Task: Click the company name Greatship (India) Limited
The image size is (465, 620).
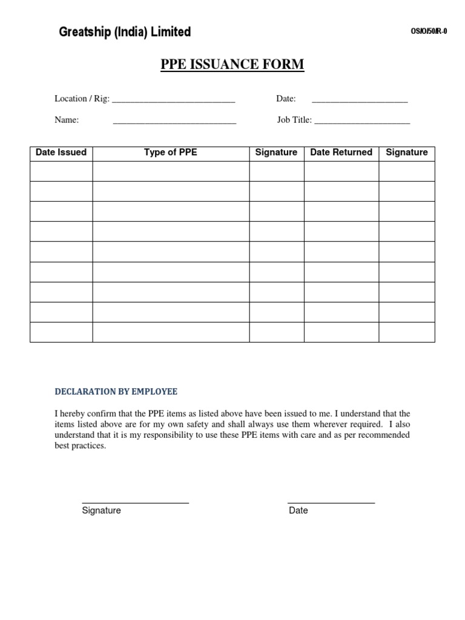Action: (x=125, y=32)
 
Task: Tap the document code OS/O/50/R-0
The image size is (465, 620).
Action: (x=428, y=32)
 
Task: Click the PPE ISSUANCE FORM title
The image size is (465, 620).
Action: (x=232, y=64)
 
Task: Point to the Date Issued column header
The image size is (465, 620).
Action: (x=61, y=153)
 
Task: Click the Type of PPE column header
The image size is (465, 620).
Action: (x=171, y=153)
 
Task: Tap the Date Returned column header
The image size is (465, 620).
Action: (x=341, y=153)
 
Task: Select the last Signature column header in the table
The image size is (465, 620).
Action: (x=407, y=153)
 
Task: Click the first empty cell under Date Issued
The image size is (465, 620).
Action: (x=61, y=171)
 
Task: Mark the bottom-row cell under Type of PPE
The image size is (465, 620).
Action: (x=171, y=332)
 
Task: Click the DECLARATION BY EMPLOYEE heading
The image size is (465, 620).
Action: (x=116, y=392)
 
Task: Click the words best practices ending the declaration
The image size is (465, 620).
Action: (x=80, y=446)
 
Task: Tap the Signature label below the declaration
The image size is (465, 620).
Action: (x=102, y=510)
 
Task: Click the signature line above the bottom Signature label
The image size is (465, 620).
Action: (x=136, y=503)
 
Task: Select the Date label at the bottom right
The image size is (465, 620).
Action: (x=298, y=510)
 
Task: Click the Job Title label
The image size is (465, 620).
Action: (x=294, y=120)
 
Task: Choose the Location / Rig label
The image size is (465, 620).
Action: (x=82, y=99)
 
